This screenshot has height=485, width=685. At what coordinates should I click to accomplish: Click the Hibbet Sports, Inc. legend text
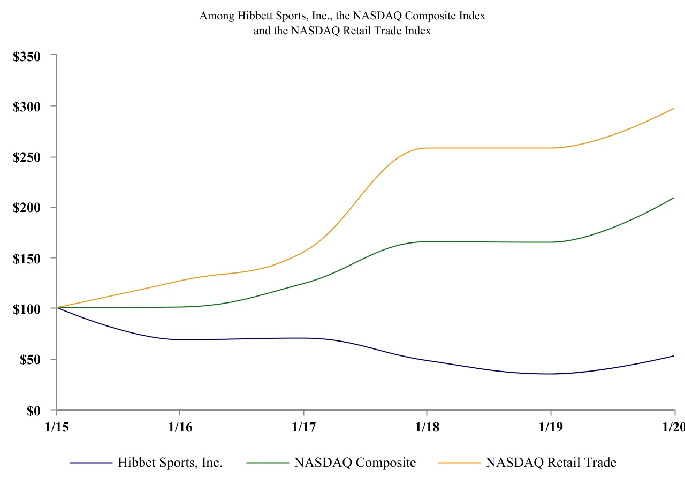pos(170,463)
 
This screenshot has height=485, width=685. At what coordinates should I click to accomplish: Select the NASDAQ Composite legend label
pos(355,463)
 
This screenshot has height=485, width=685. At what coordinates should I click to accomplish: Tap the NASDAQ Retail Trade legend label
pos(551,463)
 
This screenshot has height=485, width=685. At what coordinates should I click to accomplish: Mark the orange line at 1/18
pos(427,148)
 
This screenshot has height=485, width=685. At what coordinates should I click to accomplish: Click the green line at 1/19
pos(551,242)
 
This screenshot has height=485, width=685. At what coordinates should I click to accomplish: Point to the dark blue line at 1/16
pos(180,339)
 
